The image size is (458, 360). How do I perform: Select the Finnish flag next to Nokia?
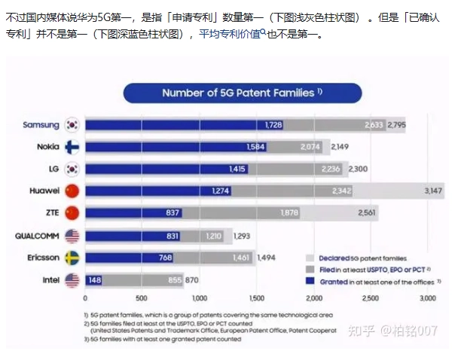(x=72, y=146)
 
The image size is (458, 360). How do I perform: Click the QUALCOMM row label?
(x=37, y=236)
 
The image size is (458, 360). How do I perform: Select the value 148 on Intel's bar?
(x=94, y=280)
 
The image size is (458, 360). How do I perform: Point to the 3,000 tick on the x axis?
(x=427, y=298)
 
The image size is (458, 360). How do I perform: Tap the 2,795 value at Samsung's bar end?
(x=398, y=124)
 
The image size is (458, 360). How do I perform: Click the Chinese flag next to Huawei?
(x=72, y=191)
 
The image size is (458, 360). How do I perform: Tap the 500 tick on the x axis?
(x=142, y=298)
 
